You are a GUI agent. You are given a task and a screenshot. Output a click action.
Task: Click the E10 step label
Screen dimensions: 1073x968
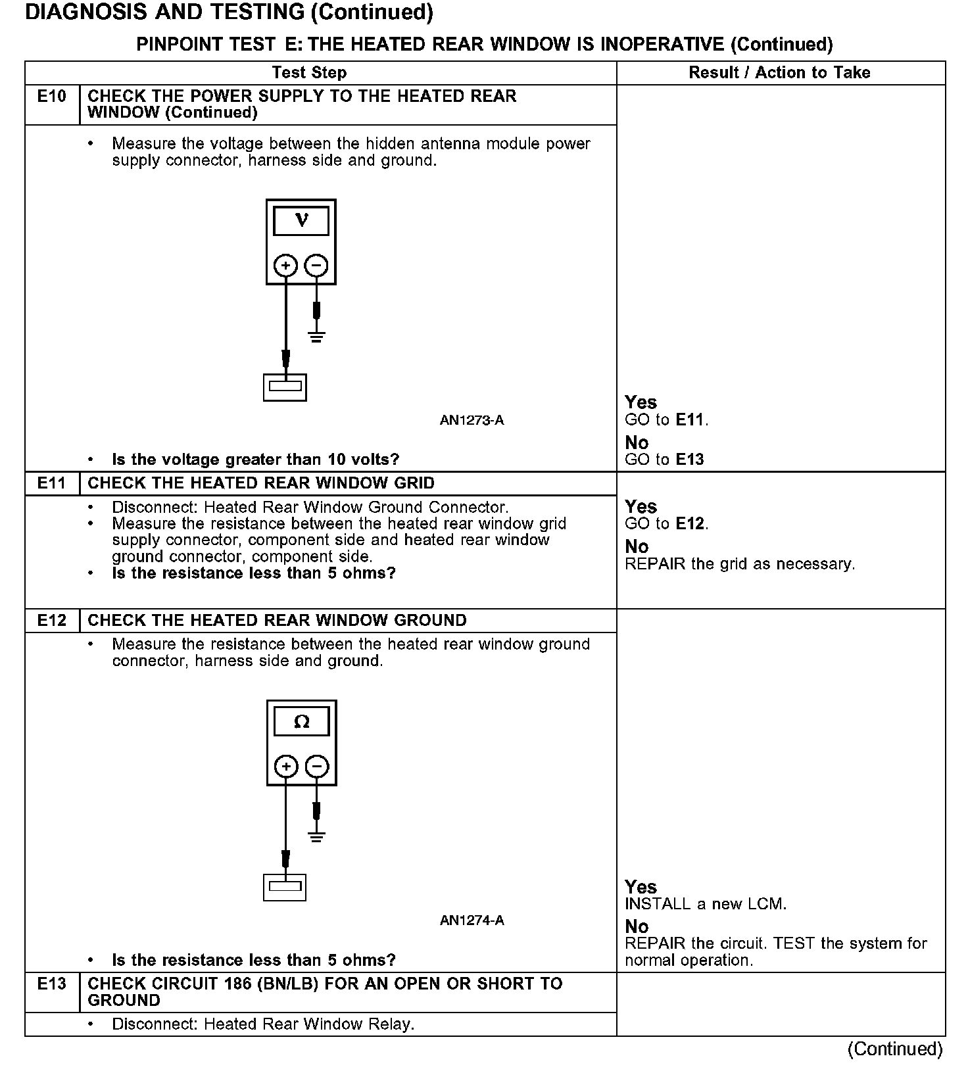point(52,97)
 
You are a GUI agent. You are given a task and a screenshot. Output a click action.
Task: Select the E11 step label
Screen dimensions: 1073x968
point(52,483)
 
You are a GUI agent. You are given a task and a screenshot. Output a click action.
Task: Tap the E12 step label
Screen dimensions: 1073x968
point(52,621)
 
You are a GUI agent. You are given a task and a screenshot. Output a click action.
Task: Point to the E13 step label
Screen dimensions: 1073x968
point(52,984)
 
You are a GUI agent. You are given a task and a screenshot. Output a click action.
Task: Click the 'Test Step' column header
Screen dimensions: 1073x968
point(309,73)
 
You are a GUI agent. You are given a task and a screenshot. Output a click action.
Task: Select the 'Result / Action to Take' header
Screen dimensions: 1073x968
point(779,73)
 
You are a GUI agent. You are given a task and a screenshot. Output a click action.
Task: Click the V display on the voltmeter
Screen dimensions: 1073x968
point(301,220)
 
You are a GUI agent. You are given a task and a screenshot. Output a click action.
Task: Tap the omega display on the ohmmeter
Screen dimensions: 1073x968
point(301,722)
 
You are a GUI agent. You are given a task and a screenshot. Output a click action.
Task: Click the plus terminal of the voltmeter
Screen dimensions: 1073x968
point(285,266)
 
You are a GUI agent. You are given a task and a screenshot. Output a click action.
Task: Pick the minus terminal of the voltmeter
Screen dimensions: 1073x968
point(317,266)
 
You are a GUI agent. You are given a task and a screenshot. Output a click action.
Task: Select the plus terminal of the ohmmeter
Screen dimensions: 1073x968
point(285,767)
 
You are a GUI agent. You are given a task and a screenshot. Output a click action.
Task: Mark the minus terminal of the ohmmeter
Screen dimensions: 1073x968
point(317,767)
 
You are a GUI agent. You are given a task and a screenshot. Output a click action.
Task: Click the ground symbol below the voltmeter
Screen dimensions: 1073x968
point(317,338)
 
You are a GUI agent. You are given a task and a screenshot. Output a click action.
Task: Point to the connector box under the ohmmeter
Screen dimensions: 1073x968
point(285,888)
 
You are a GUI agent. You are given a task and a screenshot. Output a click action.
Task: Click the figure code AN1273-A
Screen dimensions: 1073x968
point(472,420)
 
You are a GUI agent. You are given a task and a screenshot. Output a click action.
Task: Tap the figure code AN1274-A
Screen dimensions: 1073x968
point(472,920)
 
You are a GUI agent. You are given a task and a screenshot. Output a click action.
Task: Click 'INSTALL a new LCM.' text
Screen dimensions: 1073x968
point(705,904)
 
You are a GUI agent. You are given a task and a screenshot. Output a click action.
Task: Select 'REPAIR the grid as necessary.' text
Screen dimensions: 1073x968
point(739,564)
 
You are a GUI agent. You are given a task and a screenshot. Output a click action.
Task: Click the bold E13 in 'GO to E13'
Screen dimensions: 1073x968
point(690,460)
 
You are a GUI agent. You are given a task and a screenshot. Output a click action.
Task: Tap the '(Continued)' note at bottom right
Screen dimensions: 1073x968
point(895,1049)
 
